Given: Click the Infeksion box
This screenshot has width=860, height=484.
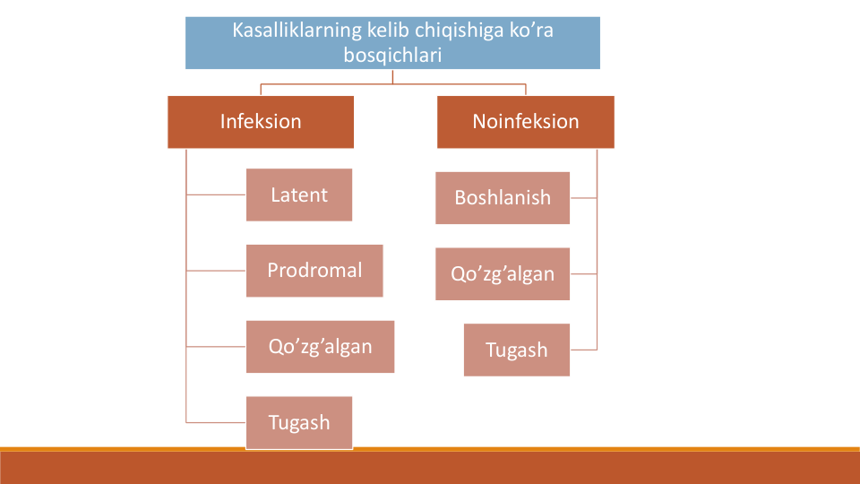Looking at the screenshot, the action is [261, 122].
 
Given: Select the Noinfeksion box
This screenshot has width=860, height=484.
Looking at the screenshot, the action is [526, 122].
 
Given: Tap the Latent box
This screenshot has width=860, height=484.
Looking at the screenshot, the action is [299, 194].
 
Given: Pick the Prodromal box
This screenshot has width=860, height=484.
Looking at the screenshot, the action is [314, 271].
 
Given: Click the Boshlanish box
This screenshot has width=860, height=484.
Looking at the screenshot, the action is [503, 197].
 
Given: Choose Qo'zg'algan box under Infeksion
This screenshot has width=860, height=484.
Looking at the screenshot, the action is [321, 347].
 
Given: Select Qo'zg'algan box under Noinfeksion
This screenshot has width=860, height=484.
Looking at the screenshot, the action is [503, 274].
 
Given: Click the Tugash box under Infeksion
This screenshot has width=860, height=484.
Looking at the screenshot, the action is [299, 422].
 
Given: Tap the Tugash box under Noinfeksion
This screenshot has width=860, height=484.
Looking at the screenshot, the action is [517, 350].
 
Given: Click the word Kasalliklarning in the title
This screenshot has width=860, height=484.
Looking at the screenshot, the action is [297, 30].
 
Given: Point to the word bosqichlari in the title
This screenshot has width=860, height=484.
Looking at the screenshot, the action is [392, 55].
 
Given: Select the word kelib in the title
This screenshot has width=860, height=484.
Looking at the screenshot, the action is [388, 30].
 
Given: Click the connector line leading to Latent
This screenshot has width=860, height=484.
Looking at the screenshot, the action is [216, 194].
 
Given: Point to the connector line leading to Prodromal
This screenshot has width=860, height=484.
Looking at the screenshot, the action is [216, 271].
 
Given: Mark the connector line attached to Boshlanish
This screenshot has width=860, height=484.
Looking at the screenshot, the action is [583, 198].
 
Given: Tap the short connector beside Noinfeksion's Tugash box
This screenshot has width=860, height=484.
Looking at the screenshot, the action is [583, 350].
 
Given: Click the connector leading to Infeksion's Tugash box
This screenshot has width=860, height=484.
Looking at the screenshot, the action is [216, 422].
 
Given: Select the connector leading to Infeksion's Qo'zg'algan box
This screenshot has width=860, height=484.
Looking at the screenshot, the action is [216, 347].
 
